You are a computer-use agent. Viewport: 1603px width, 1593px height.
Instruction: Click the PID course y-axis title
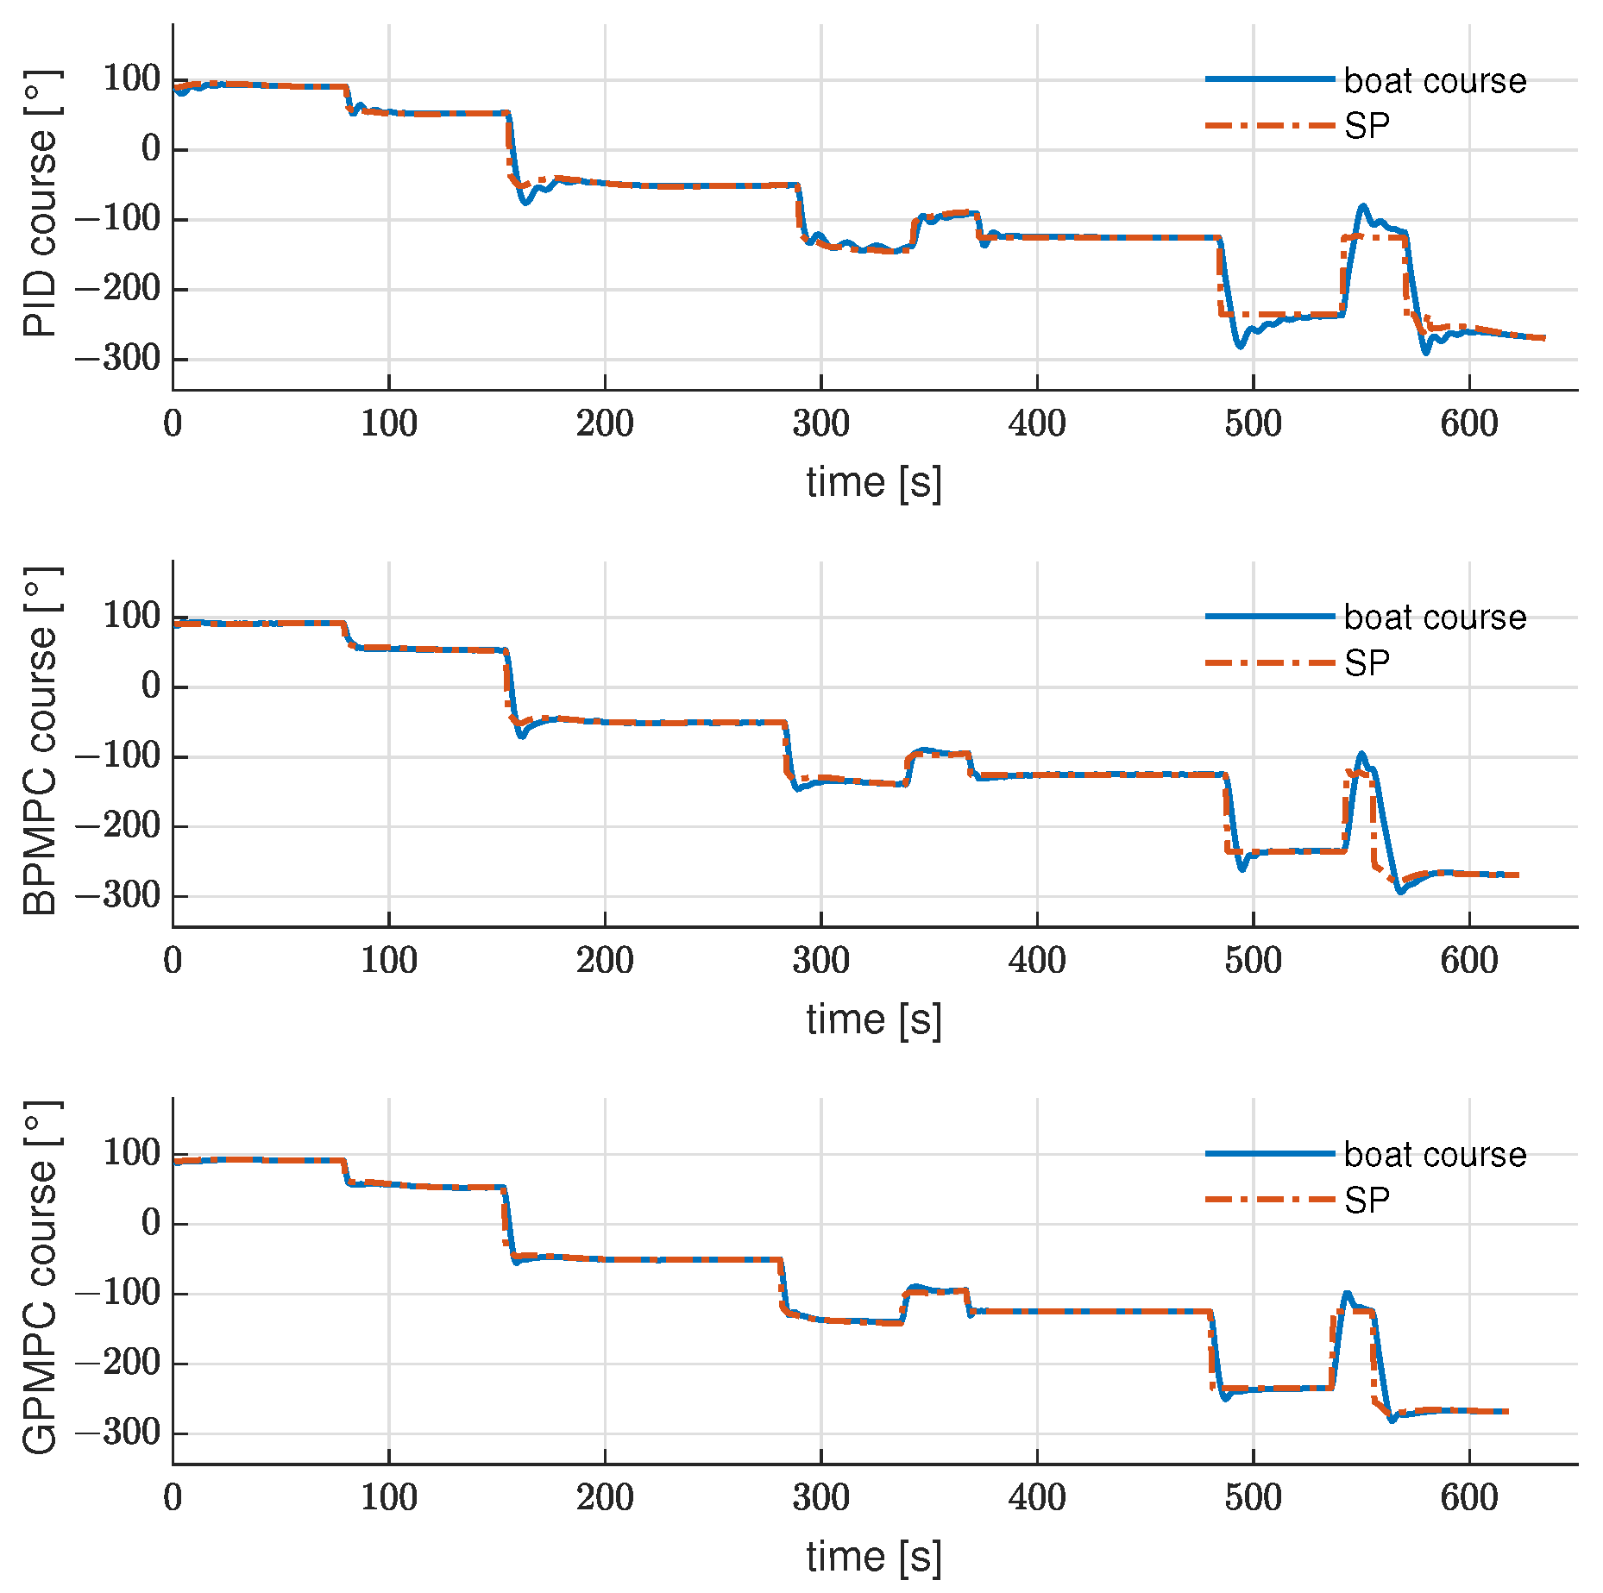pos(40,204)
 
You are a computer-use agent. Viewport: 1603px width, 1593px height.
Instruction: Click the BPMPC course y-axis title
pos(40,742)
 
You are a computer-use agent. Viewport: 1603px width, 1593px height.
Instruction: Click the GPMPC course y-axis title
pos(40,1279)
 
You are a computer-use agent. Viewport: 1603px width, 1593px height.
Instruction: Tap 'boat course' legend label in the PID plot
pos(1434,80)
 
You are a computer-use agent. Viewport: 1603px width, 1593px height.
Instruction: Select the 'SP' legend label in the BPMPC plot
pos(1367,663)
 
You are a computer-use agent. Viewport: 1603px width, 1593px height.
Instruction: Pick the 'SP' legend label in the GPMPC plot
pos(1367,1201)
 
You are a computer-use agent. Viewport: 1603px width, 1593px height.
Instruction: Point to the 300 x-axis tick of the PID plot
pos(820,423)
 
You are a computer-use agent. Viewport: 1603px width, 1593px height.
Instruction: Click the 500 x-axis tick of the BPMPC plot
pos(1253,961)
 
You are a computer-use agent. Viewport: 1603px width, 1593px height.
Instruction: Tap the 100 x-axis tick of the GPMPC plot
pos(388,1498)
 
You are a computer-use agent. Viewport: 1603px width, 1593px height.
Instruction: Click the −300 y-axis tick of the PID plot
pos(118,358)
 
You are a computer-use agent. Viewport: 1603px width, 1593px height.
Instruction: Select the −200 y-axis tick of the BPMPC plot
pos(118,825)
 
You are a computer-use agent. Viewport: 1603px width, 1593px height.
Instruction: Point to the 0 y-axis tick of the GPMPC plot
pos(151,1223)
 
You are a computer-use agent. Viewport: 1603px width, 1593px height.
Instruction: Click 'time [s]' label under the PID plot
pos(873,482)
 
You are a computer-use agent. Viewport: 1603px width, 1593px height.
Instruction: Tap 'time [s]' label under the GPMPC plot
pos(873,1557)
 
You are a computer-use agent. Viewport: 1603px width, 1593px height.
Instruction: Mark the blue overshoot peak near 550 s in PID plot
pos(1363,206)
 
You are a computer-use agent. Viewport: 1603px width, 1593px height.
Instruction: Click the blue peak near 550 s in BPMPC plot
pos(1362,754)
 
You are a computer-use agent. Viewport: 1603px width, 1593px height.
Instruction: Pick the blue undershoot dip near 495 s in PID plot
pos(1241,347)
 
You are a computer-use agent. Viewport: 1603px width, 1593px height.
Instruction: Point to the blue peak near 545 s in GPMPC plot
pos(1347,1294)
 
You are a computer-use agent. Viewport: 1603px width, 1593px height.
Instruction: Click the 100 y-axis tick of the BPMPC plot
pos(132,616)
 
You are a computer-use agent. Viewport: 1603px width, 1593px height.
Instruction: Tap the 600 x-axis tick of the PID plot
pos(1468,423)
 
